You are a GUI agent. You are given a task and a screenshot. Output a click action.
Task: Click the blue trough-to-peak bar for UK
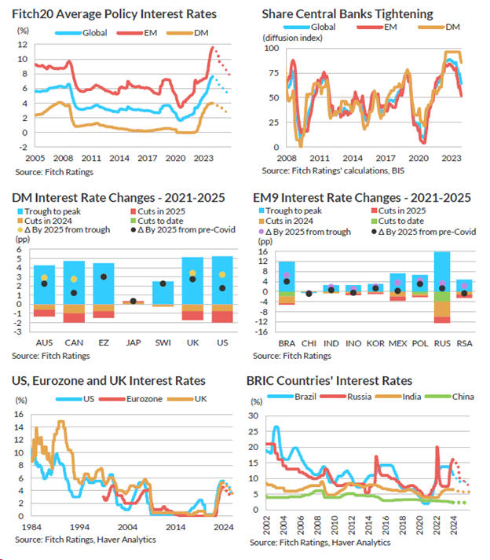pyautogui.click(x=193, y=280)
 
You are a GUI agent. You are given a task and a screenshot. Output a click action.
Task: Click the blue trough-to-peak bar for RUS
pyautogui.click(x=442, y=272)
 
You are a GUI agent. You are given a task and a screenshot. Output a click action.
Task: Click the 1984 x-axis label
pyautogui.click(x=31, y=527)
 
